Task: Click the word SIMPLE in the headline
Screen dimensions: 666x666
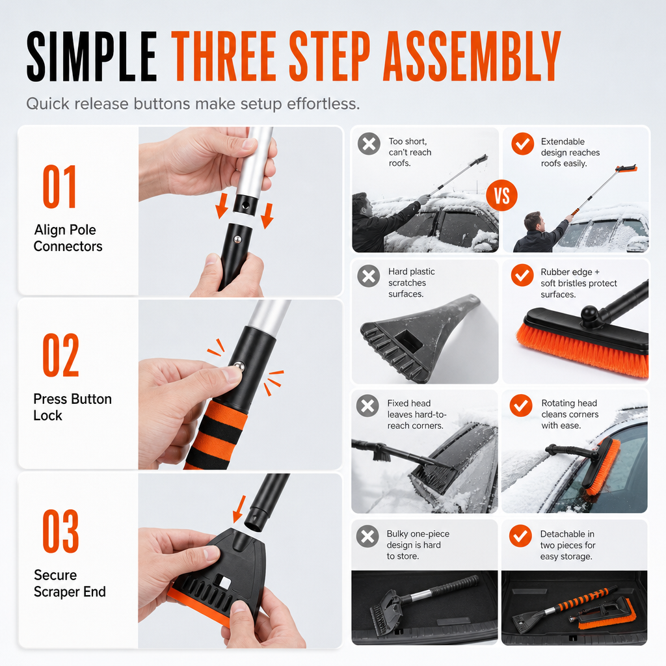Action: click(91, 57)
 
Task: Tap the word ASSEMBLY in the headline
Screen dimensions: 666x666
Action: click(472, 57)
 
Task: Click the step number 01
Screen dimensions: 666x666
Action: click(59, 187)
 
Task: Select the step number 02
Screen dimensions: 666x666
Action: click(60, 355)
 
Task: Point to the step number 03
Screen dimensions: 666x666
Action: click(60, 531)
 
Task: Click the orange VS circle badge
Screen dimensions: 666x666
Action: click(501, 195)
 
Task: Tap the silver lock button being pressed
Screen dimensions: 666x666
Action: click(239, 366)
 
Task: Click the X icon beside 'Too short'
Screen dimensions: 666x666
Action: click(369, 144)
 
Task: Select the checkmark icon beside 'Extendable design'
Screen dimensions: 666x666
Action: click(522, 144)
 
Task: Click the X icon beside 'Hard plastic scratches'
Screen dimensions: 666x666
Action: click(369, 276)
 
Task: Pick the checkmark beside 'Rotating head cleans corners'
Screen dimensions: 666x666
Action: click(521, 406)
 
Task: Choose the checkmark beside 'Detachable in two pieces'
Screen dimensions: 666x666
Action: click(520, 536)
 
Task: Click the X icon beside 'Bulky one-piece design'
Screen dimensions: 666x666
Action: click(368, 536)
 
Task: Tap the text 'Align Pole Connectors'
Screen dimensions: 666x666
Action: click(68, 238)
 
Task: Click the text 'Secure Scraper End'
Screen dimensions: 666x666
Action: click(70, 583)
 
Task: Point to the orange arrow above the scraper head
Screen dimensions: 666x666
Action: click(239, 509)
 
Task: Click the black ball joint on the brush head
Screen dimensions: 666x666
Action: click(589, 315)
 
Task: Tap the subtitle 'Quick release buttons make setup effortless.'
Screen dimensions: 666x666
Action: click(193, 104)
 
